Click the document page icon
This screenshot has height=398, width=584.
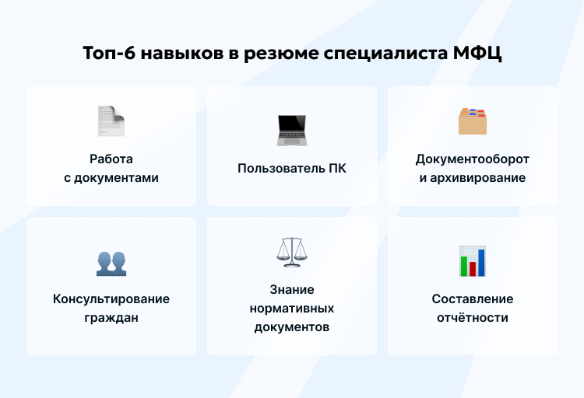[x=111, y=120]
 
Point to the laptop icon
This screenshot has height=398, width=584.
[x=292, y=130]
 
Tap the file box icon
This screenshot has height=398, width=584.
[x=472, y=120]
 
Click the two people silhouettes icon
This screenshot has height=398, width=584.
[x=111, y=263]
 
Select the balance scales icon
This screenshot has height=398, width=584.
[x=292, y=251]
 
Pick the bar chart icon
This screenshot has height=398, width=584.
[x=472, y=261]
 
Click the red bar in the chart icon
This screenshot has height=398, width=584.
[x=473, y=269]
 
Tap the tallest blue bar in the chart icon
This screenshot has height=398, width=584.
[x=481, y=262]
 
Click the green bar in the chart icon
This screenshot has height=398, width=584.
[x=464, y=266]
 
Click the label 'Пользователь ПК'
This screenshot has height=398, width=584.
[x=292, y=168]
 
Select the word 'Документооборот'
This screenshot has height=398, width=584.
[x=472, y=159]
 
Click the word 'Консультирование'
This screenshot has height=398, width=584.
[x=111, y=298]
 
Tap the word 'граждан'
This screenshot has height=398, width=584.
[x=111, y=317]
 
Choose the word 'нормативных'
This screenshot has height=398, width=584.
[x=292, y=308]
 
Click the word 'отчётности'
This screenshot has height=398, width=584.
[x=472, y=317]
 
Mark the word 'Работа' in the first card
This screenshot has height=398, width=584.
[x=111, y=159]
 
